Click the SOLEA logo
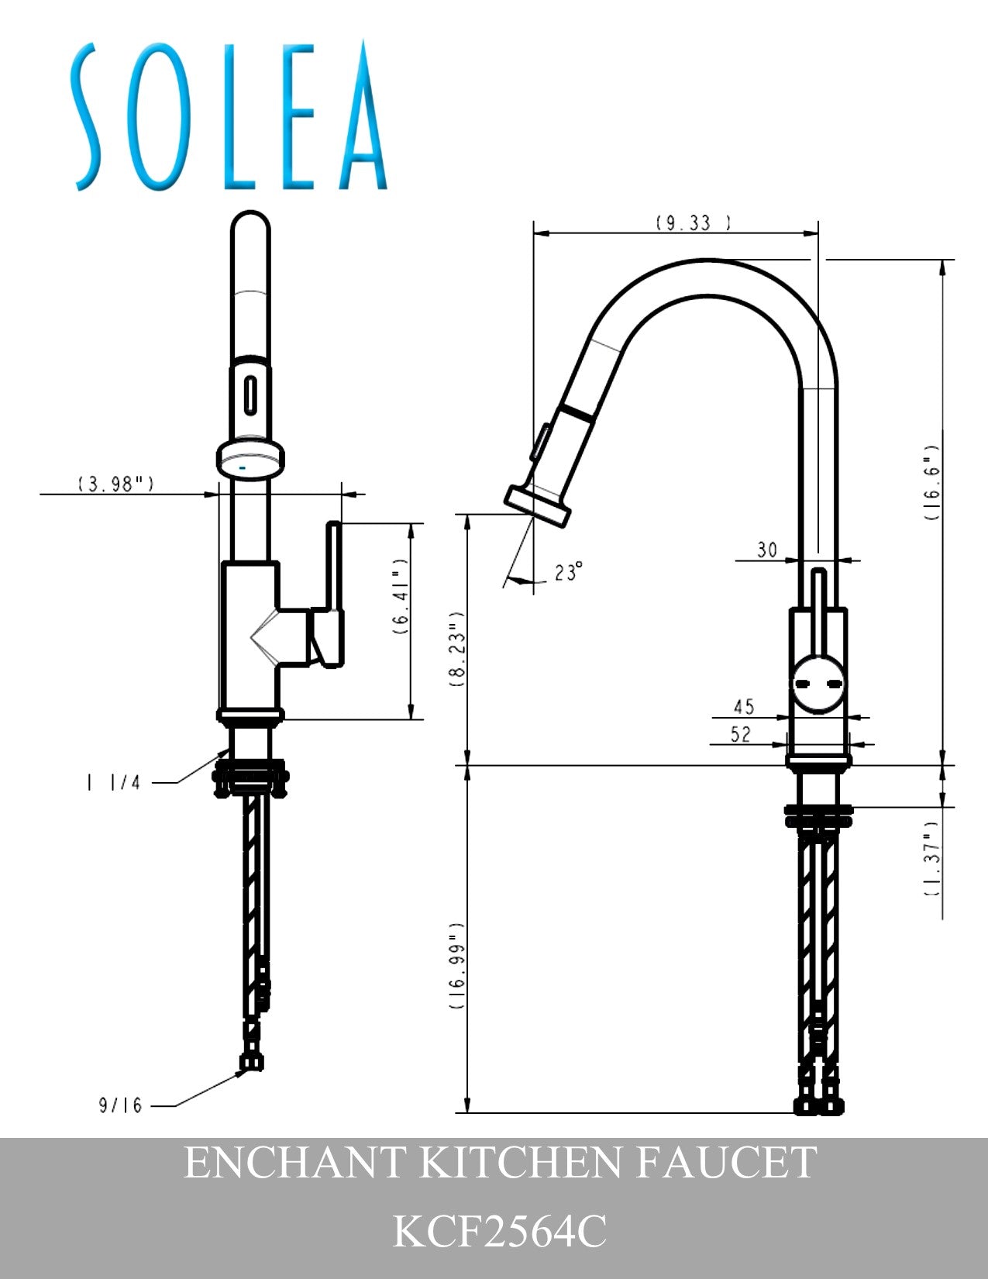pyautogui.click(x=229, y=115)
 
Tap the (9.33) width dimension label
pyautogui.click(x=694, y=222)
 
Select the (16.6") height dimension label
pyautogui.click(x=931, y=481)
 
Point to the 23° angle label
pyautogui.click(x=569, y=571)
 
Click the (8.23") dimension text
pyautogui.click(x=457, y=650)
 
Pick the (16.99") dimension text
pyautogui.click(x=457, y=966)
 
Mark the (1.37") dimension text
pyautogui.click(x=931, y=867)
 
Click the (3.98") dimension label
pyautogui.click(x=116, y=484)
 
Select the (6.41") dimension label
pyautogui.click(x=400, y=596)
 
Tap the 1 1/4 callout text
pyautogui.click(x=114, y=783)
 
